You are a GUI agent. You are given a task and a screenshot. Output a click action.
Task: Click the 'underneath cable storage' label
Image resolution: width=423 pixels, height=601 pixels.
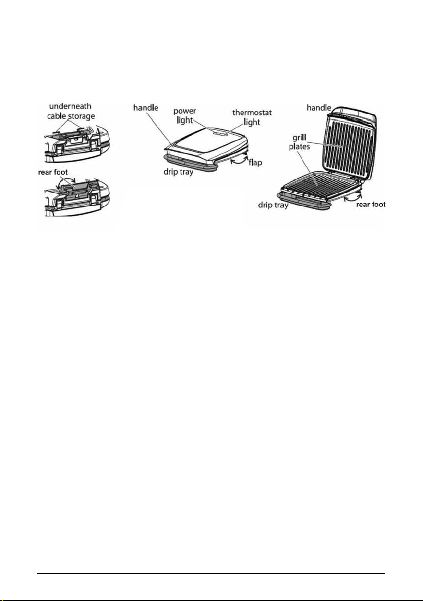[70, 111]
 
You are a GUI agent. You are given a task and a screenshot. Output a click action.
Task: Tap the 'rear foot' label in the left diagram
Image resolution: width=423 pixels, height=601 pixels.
[53, 172]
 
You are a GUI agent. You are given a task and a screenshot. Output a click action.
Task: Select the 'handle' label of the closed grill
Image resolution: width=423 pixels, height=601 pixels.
[146, 108]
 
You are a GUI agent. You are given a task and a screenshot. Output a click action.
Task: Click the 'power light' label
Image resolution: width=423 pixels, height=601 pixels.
[185, 116]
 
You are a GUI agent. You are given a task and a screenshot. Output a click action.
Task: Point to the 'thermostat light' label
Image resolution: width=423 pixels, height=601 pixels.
[252, 117]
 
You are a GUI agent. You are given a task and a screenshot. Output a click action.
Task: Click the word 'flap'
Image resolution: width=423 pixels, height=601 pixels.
[255, 162]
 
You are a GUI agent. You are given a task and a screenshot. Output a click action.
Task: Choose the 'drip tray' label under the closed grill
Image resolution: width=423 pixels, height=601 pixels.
[178, 172]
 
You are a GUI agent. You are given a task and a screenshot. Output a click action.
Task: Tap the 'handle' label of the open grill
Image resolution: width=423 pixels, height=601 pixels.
[319, 108]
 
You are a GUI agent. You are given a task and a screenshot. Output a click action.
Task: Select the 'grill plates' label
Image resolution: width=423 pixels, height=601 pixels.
[299, 142]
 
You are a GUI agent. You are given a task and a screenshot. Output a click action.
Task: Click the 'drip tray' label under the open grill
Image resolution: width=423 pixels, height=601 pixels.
[273, 206]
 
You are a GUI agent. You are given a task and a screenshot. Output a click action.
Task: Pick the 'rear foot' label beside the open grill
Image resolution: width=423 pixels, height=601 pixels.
[371, 204]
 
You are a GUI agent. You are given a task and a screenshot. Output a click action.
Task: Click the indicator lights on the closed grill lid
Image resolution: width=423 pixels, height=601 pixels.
[219, 134]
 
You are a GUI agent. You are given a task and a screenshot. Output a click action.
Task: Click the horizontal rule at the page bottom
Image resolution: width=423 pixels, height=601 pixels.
[211, 574]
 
